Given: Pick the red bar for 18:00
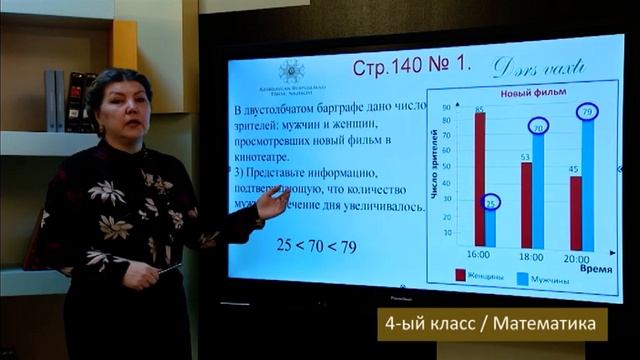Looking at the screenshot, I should pyautogui.click(x=526, y=205).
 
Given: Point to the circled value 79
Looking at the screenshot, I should pyautogui.click(x=588, y=111).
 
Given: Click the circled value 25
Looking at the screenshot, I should pyautogui.click(x=491, y=203).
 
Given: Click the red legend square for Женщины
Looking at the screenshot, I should pyautogui.click(x=460, y=275).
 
